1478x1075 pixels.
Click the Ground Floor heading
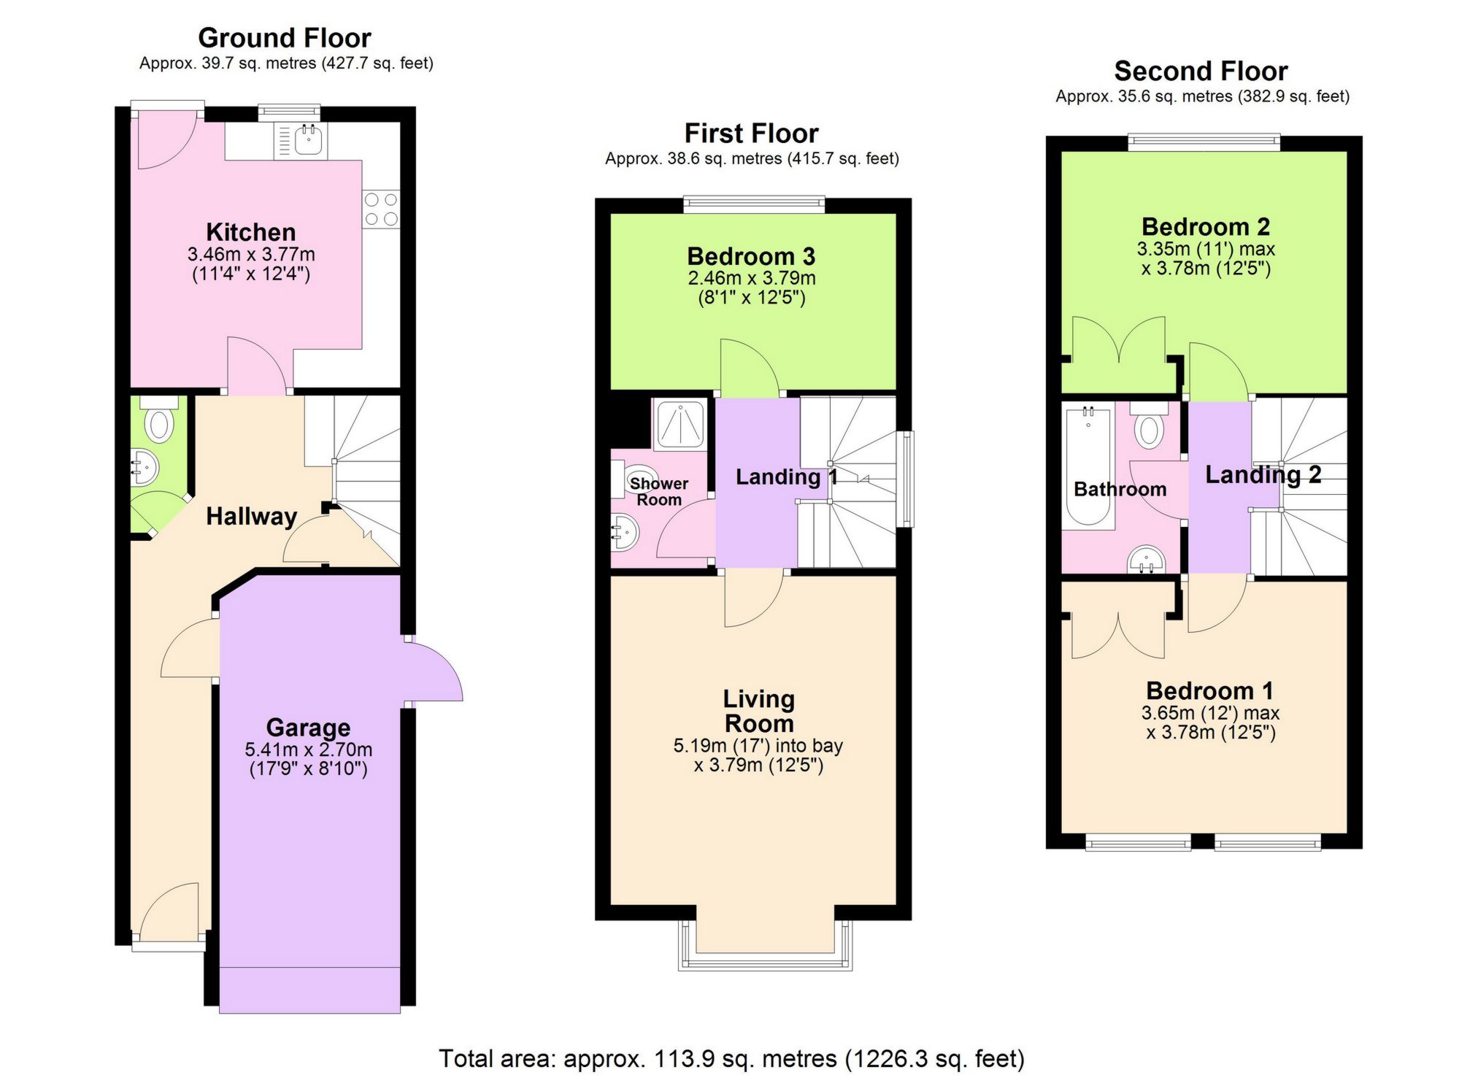pyautogui.click(x=284, y=37)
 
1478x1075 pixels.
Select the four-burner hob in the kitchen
pyautogui.click(x=381, y=209)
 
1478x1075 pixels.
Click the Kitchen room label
pyautogui.click(x=250, y=232)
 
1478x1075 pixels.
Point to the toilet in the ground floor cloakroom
pyautogui.click(x=159, y=424)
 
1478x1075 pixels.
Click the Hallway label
pyautogui.click(x=251, y=517)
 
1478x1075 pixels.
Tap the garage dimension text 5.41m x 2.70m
pyautogui.click(x=308, y=750)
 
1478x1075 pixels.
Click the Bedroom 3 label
pyautogui.click(x=751, y=256)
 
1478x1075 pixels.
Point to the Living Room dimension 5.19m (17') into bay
pyautogui.click(x=758, y=746)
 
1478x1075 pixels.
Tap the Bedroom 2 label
pyautogui.click(x=1205, y=226)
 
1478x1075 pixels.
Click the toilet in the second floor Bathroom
pyautogui.click(x=1149, y=427)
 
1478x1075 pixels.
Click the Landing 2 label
pyautogui.click(x=1262, y=475)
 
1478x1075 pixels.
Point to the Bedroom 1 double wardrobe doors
pyautogui.click(x=1118, y=635)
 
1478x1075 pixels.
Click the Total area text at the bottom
pyautogui.click(x=731, y=1057)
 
